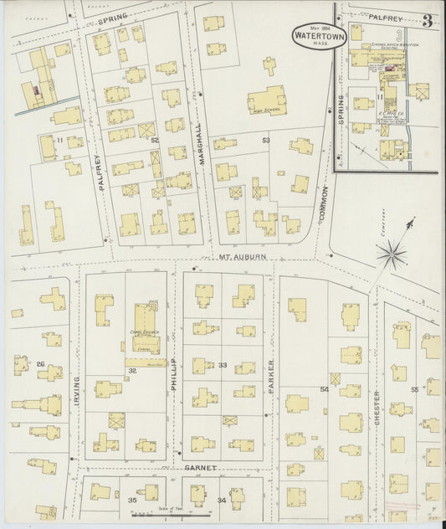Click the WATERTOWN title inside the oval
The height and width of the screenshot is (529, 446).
[310, 37]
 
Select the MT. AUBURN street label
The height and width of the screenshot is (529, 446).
[235, 260]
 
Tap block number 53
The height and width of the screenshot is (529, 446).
[266, 139]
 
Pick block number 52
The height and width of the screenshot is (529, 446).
[154, 141]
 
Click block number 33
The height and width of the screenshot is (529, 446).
[223, 366]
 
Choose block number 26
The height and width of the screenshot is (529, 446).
[39, 364]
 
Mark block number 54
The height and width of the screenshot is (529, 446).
[324, 390]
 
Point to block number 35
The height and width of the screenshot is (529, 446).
[131, 500]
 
